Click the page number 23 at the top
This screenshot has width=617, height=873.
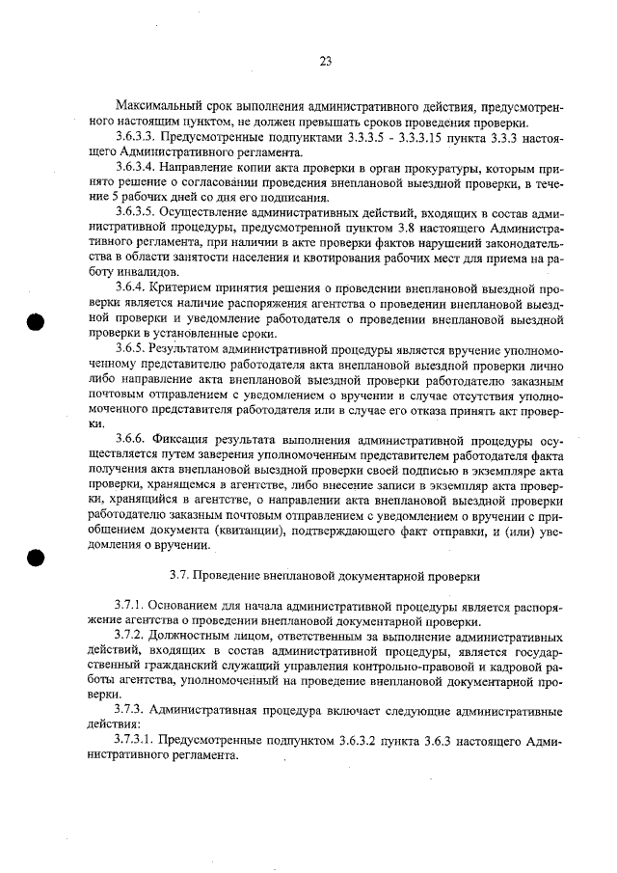tap(325, 61)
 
